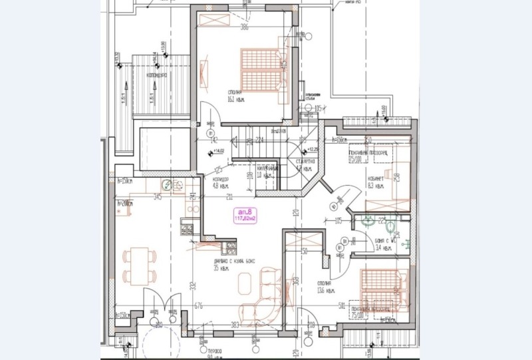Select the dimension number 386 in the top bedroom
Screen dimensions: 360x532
(x=243, y=28)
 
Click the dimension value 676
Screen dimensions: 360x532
(x=198, y=307)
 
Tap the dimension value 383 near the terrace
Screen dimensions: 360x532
(x=234, y=325)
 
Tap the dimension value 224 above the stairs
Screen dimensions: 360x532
(x=260, y=140)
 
